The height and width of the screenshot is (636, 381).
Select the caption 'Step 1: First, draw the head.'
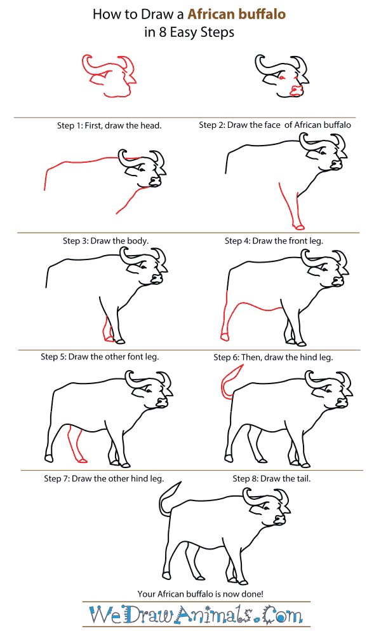(x=109, y=125)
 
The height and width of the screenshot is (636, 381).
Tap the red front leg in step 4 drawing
(x=291, y=207)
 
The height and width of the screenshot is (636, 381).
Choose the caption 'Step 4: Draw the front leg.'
(x=274, y=241)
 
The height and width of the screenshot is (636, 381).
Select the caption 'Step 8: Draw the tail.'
(x=271, y=478)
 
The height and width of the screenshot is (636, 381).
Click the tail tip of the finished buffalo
(x=180, y=485)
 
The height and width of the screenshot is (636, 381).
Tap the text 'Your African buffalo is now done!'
(x=200, y=593)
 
